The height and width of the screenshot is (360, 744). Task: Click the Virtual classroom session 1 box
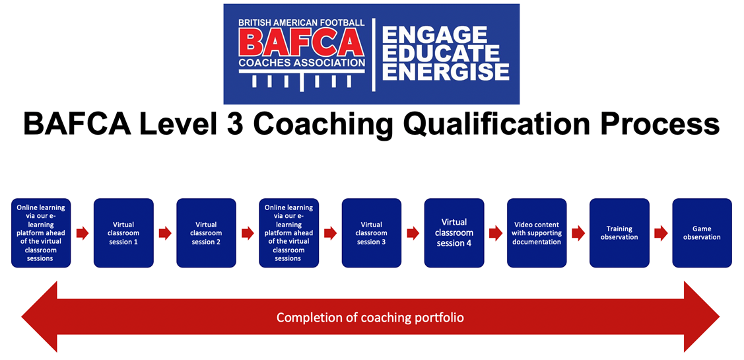[x=123, y=233]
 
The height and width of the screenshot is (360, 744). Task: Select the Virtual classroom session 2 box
[x=206, y=233]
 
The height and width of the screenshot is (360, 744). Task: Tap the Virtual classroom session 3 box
[x=372, y=233]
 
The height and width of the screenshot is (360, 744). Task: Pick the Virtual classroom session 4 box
[x=454, y=233]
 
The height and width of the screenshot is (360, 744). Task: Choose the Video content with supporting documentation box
[x=537, y=233]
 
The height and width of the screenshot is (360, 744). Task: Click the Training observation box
[x=619, y=233]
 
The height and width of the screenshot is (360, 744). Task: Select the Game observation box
[x=702, y=233]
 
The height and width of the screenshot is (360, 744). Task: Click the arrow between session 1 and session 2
[x=165, y=233]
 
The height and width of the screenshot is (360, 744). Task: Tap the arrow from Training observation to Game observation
[x=660, y=233]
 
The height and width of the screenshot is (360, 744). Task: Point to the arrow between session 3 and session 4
[x=413, y=233]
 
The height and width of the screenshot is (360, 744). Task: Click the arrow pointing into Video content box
[x=495, y=233]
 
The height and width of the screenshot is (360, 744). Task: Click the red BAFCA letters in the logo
[x=301, y=43]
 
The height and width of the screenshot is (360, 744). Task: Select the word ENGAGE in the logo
[x=434, y=34]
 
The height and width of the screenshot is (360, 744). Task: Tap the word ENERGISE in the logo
[x=446, y=72]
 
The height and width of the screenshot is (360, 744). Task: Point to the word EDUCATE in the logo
[x=441, y=54]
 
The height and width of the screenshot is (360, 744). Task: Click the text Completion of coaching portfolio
[x=370, y=317]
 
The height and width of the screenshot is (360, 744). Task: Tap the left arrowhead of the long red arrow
[x=40, y=317]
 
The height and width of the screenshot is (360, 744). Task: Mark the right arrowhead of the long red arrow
[x=702, y=317]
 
